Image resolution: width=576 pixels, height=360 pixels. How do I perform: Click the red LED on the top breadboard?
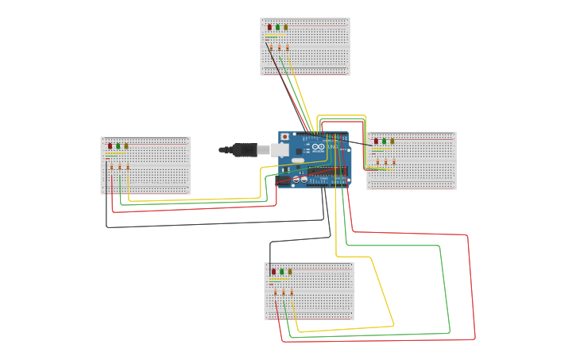tap(269, 27)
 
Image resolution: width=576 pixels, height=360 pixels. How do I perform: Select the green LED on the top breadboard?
tap(277, 27)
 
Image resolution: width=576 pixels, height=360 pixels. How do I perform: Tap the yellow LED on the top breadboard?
tap(285, 27)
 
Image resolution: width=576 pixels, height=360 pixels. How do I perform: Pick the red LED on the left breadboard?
tap(110, 145)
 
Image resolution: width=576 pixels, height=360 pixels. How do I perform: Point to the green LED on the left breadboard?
tap(118, 145)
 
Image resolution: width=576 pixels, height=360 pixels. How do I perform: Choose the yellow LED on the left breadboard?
tap(126, 145)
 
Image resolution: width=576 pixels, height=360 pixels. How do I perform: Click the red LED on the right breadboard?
tap(376, 141)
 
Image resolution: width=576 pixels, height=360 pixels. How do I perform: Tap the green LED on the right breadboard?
tap(384, 141)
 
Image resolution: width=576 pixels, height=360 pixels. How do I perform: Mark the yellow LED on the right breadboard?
tap(392, 141)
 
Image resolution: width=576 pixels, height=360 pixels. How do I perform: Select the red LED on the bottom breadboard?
tap(273, 271)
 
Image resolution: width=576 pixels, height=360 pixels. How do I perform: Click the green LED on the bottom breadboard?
tap(281, 271)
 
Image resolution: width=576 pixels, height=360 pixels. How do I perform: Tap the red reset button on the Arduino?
tap(285, 137)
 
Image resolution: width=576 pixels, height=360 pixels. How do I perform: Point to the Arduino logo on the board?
tap(318, 147)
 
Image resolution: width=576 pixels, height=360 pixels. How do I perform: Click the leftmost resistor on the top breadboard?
tap(271, 48)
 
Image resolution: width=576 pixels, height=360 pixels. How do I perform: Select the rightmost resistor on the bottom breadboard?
tap(292, 292)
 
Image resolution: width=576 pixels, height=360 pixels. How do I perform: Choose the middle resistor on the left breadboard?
tap(119, 167)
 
